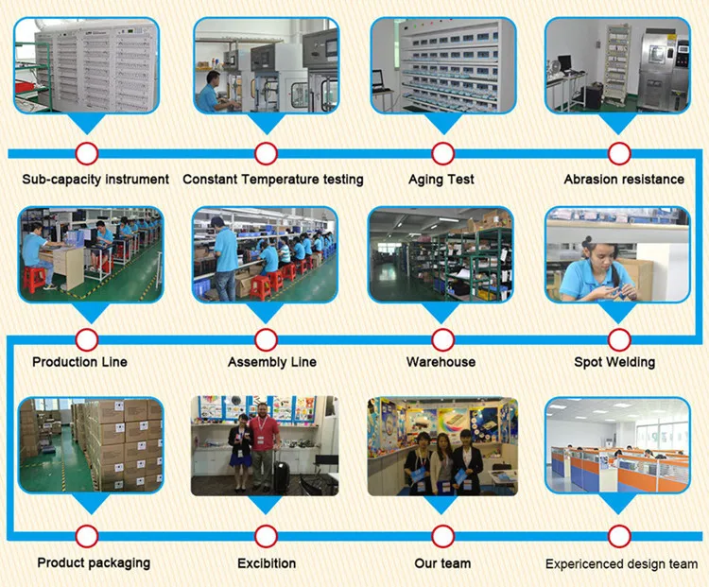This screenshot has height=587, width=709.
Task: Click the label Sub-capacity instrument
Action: [95, 179]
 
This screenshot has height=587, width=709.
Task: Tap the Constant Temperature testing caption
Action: [272, 179]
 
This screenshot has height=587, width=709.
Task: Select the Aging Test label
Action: [441, 179]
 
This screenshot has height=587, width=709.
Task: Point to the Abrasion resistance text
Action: [624, 179]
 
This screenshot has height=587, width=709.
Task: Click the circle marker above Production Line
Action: [87, 339]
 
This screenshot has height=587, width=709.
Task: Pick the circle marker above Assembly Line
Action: [266, 339]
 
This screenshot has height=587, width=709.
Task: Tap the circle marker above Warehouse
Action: [441, 339]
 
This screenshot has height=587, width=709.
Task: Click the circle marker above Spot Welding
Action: [619, 339]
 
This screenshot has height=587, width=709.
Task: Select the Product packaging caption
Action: [94, 562]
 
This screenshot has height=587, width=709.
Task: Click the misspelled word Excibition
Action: [267, 563]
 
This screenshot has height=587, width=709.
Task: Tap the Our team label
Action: [441, 563]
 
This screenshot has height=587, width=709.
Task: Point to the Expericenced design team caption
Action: [621, 564]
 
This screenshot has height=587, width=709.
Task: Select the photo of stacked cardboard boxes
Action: [91, 444]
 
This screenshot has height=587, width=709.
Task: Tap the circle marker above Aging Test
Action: [441, 153]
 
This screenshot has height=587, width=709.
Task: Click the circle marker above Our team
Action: [441, 536]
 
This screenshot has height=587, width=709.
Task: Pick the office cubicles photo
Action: [618, 444]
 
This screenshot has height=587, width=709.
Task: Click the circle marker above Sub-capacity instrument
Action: [87, 153]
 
